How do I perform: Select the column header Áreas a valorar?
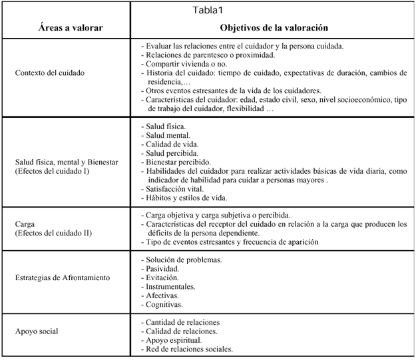(65, 29)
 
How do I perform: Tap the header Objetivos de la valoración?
(274, 29)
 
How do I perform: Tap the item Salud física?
(166, 126)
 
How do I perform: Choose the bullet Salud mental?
(168, 134)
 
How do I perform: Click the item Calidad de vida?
(171, 144)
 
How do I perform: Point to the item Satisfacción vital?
(176, 189)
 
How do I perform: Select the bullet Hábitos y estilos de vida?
(187, 198)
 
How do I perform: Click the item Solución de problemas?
(184, 259)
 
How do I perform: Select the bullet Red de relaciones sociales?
(189, 349)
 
